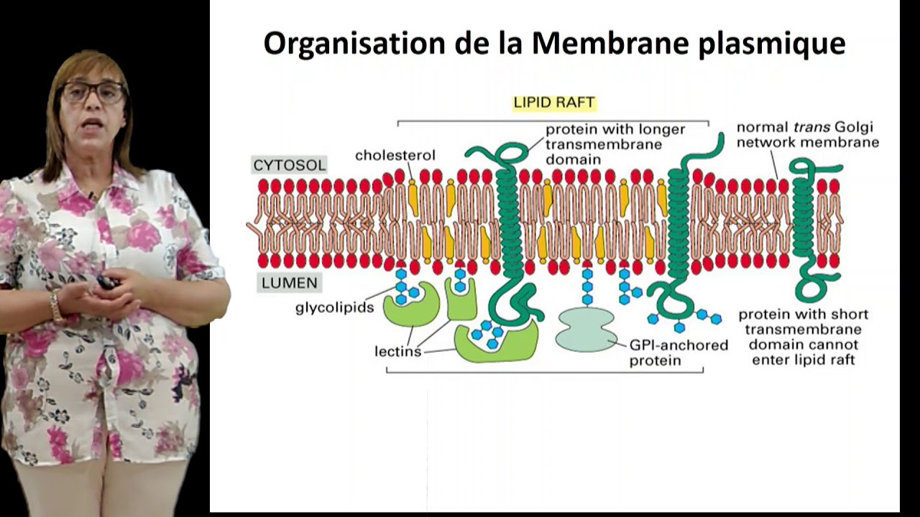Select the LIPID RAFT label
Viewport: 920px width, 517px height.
(553, 103)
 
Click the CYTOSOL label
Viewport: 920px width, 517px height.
(289, 165)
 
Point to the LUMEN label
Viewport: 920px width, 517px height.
(289, 283)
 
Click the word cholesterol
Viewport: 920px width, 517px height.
(395, 155)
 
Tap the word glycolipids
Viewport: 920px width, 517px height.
(334, 307)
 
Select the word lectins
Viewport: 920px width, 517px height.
(397, 352)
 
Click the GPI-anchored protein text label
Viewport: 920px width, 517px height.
(678, 353)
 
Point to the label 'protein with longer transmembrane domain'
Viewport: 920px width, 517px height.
(615, 144)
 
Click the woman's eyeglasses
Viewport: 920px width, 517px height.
(93, 91)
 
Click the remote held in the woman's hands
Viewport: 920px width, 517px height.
(107, 283)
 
